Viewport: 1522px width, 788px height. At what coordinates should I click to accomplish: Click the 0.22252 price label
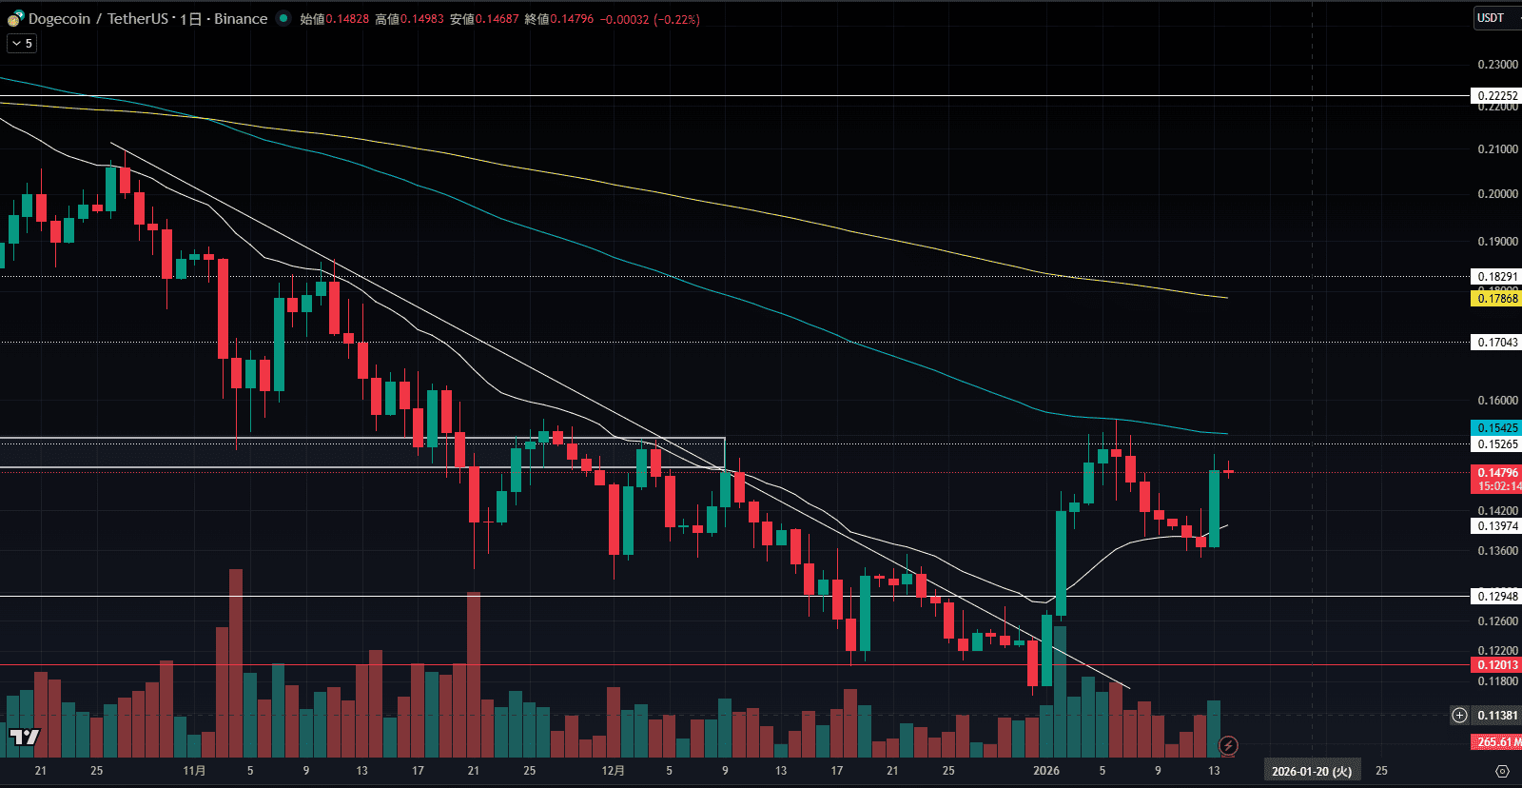tap(1497, 96)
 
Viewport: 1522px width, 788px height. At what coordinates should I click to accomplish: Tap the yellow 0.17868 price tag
tap(1497, 299)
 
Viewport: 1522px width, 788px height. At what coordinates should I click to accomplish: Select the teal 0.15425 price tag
tap(1497, 428)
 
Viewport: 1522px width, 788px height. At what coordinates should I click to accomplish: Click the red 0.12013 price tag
tap(1497, 665)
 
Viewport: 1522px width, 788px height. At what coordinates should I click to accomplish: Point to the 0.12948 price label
tap(1497, 597)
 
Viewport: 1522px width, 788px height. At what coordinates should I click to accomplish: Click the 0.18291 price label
tap(1497, 277)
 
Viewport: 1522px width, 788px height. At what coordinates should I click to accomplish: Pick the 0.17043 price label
tap(1497, 343)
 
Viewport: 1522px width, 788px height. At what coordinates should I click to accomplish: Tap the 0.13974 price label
tap(1497, 526)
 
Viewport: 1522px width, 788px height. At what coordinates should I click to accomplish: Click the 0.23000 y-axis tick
tap(1497, 65)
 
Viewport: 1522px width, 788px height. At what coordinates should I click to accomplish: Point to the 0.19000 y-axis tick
tap(1497, 242)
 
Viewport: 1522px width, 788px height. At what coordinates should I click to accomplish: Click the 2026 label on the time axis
tap(1046, 771)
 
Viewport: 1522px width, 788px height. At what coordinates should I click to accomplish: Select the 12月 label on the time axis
tap(614, 771)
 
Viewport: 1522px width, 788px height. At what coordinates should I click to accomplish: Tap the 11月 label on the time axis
tap(194, 771)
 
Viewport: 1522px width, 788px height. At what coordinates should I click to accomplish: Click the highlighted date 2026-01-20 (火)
tap(1312, 771)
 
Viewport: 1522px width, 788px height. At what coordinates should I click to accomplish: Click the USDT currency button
tap(1491, 18)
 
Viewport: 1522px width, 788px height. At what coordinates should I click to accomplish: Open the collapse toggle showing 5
tap(22, 43)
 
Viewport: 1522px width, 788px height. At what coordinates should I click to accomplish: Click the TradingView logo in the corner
tap(25, 737)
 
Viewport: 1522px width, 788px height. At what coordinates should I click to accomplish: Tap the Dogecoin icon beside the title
tap(15, 19)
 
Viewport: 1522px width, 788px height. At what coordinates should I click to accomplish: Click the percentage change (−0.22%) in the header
tap(676, 19)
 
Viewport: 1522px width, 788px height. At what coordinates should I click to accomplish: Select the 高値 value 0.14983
tap(422, 19)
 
